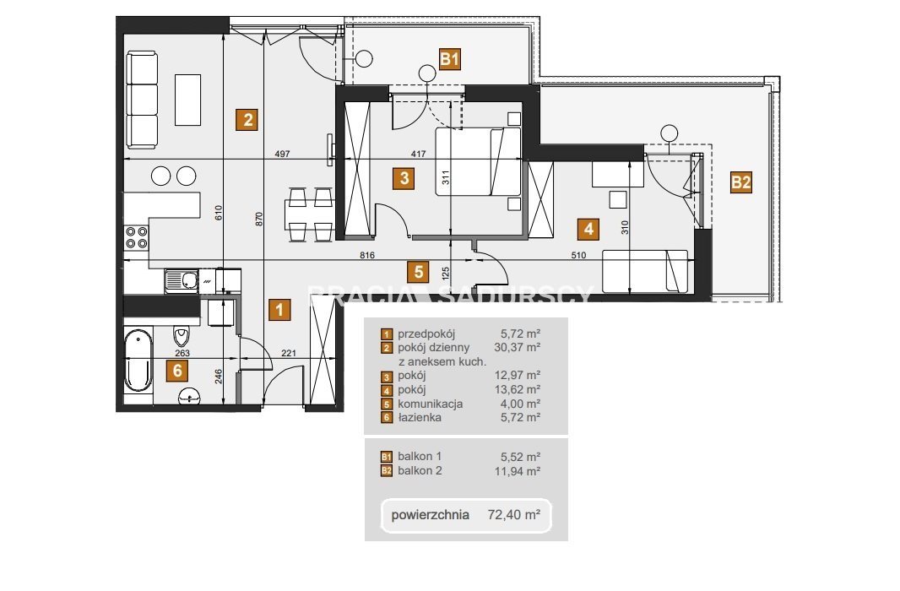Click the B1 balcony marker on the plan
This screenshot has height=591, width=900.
pos(449,58)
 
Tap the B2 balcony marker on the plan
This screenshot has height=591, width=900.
pos(740,182)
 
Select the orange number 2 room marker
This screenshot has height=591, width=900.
pos(247,120)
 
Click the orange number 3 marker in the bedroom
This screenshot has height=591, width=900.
pos(404,178)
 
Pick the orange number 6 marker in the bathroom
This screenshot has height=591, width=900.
pos(177,371)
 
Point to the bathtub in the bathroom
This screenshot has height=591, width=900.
pos(138,361)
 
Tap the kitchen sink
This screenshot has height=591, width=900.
pos(182,280)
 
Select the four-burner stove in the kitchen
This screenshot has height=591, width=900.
pos(137,237)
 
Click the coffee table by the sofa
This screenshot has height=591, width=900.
pos(187,100)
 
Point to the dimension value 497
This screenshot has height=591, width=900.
pos(282,154)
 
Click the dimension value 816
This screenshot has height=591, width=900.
pos(366,255)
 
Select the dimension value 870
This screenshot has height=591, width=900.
pos(259,219)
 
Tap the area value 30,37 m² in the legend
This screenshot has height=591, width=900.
pos(518,347)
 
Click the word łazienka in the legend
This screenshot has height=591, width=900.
pos(420,417)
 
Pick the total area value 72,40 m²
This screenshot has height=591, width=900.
pos(513,515)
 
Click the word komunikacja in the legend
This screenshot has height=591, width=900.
pos(430,404)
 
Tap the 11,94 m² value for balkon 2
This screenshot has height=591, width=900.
pos(518,472)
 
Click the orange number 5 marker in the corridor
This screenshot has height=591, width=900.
pos(419,271)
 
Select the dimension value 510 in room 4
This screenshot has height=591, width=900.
pos(578,255)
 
